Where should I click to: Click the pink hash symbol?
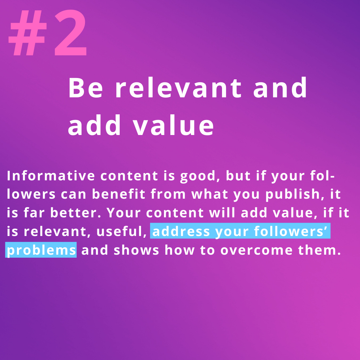(x=28, y=33)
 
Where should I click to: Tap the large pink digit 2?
(x=70, y=33)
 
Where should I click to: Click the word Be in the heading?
(x=85, y=88)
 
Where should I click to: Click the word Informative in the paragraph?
(x=51, y=176)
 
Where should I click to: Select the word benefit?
(x=119, y=194)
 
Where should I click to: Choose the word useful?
(x=122, y=231)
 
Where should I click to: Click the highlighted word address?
(x=181, y=231)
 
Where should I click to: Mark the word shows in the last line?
(x=136, y=250)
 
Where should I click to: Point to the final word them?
(x=319, y=250)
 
